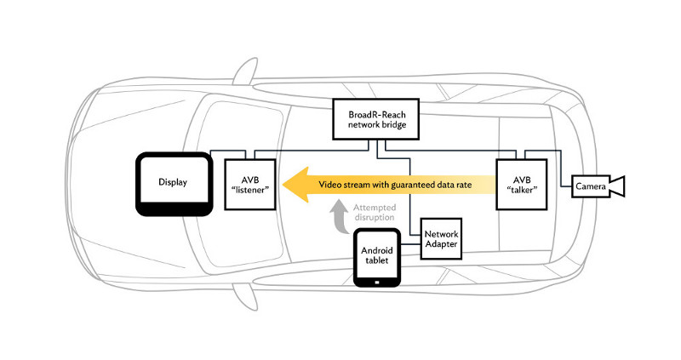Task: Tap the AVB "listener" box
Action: coord(250,183)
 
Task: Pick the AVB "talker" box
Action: coord(521,183)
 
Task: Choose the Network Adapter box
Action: coord(441,238)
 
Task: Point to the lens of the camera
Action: coord(619,186)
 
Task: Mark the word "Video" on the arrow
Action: coord(332,185)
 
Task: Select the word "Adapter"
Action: coord(441,245)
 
